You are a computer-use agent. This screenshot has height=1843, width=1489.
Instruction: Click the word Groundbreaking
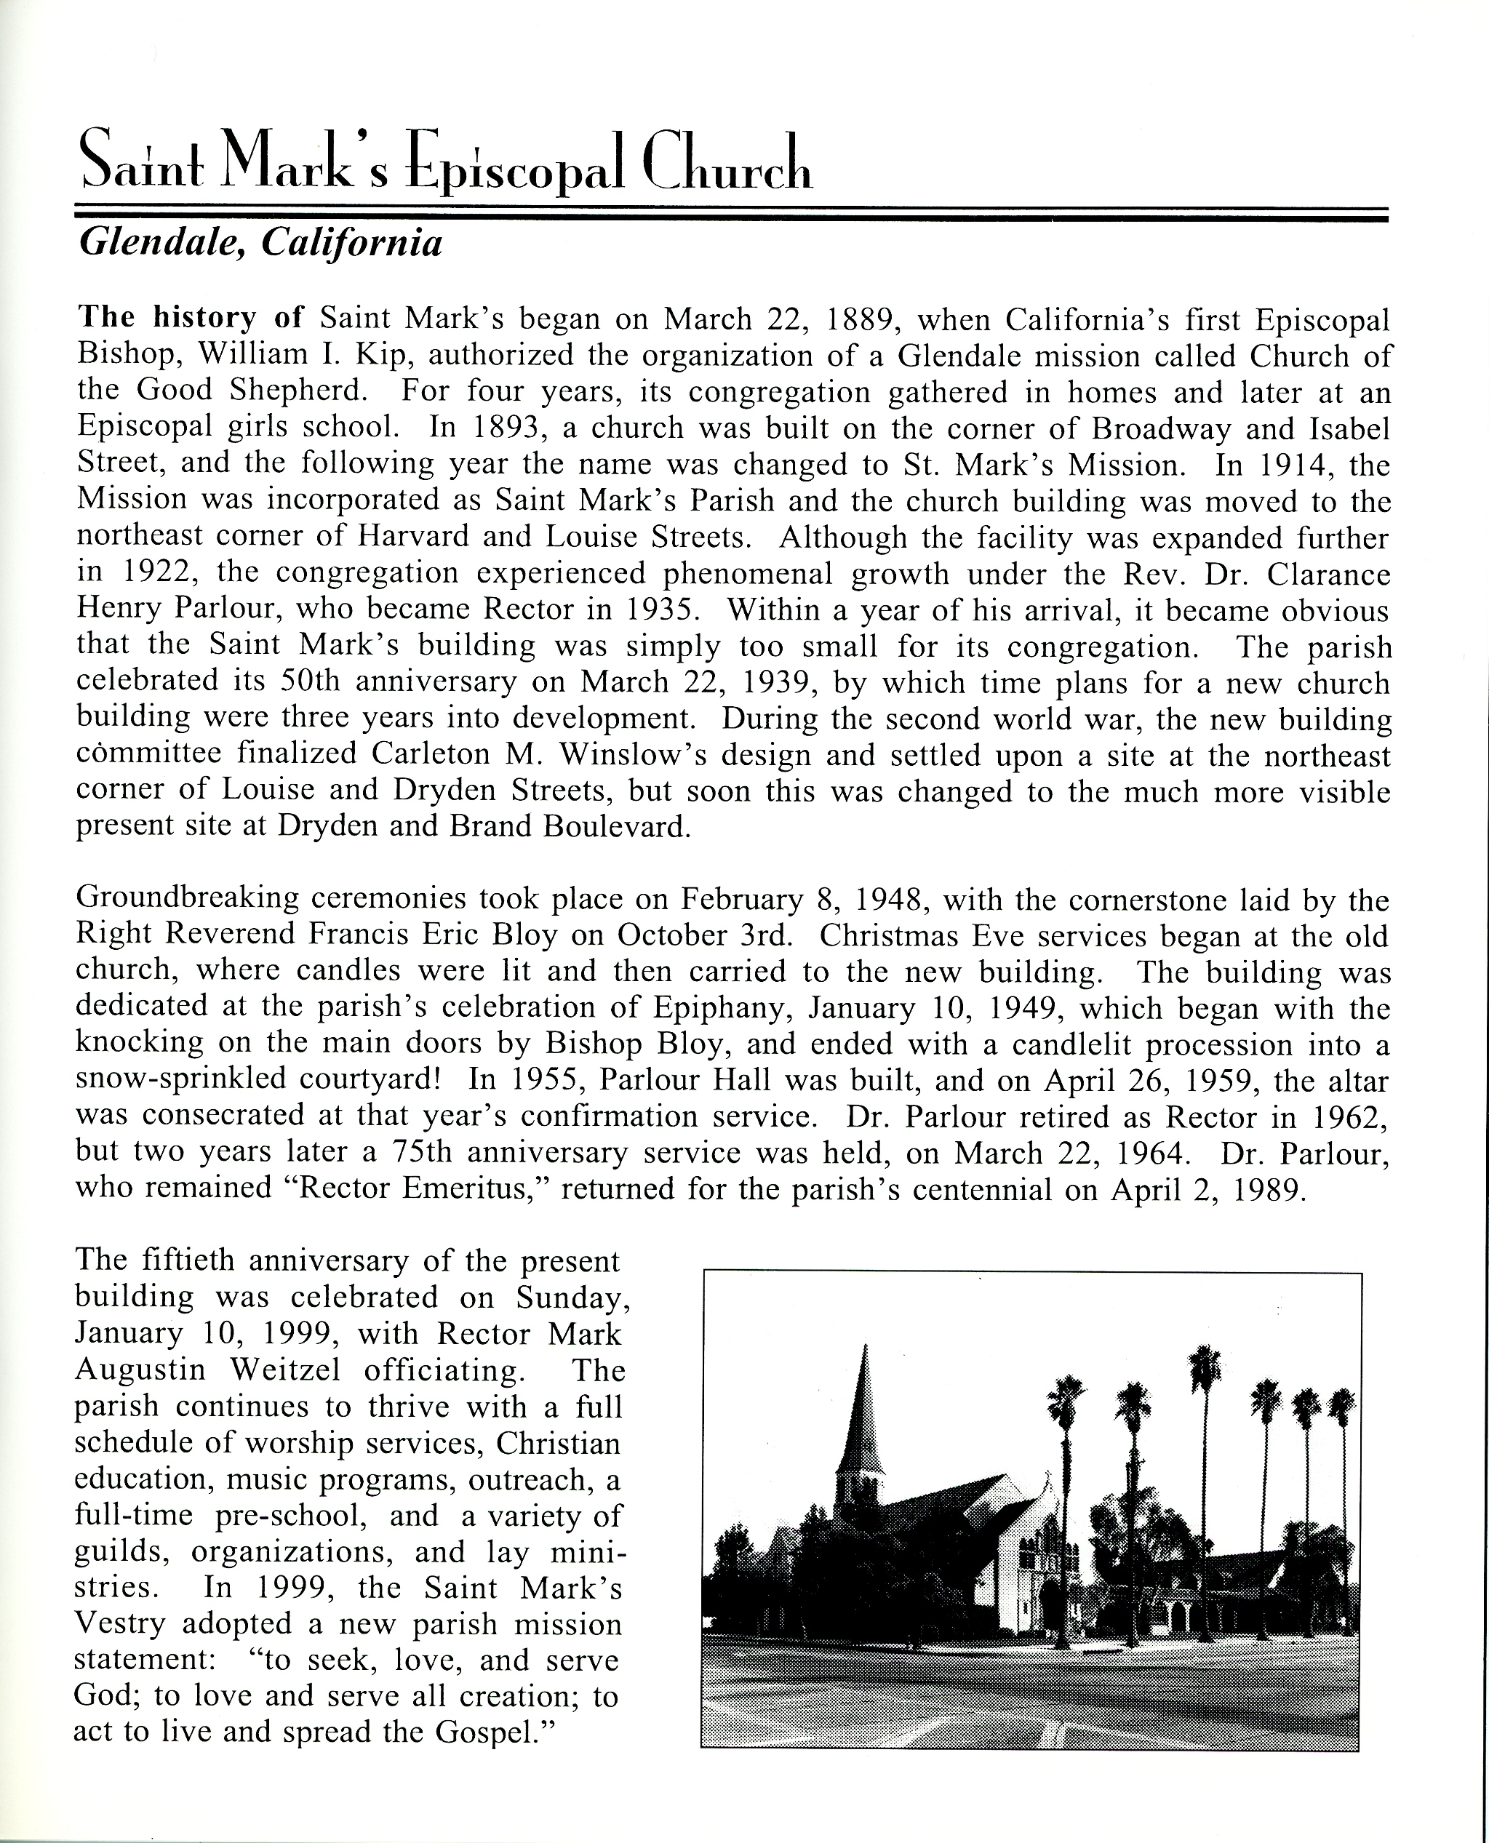click(x=187, y=899)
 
